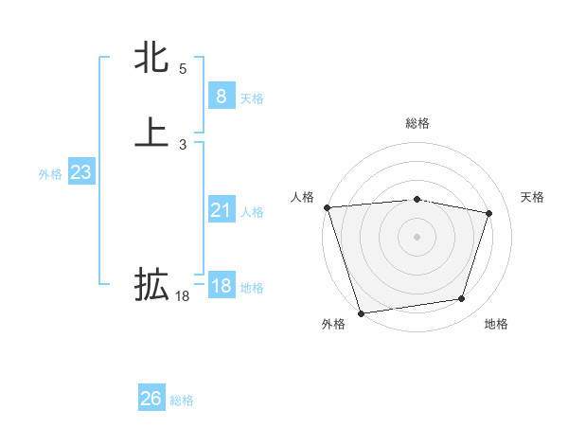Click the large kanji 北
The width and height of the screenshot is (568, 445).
pos(151,57)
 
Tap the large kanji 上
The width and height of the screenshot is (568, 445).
pos(151,132)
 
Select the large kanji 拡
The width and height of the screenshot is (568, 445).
pos(151,283)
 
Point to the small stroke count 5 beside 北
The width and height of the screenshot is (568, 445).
pos(183,69)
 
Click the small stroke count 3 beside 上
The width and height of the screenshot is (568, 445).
pos(183,145)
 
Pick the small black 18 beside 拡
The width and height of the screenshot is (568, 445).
pos(183,296)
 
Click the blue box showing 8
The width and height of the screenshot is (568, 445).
pos(221,96)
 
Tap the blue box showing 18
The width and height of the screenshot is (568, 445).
pos(221,286)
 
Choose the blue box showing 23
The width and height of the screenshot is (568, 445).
pos(80,172)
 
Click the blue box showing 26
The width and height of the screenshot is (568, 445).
pos(151,399)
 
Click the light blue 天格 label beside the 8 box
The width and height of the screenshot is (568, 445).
pos(252,98)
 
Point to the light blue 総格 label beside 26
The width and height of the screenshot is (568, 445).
pos(182,401)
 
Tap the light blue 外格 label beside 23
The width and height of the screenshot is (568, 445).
pos(50,175)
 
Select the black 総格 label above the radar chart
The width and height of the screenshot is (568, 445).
pos(417,123)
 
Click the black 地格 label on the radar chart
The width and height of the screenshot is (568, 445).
pos(496,325)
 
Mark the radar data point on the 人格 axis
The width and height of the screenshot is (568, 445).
pos(327,206)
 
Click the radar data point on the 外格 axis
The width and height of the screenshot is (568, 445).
pos(361,311)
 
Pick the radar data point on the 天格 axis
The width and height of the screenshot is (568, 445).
pos(488,213)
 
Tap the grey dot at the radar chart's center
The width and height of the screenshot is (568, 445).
pos(417,236)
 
